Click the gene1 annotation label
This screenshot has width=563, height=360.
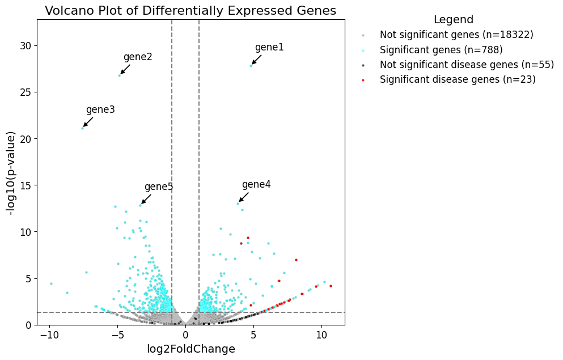click(x=269, y=48)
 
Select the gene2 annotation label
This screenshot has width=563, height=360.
click(x=138, y=57)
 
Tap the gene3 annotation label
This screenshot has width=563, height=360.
click(x=100, y=110)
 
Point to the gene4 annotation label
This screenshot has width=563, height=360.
click(x=256, y=185)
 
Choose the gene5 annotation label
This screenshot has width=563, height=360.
click(x=159, y=187)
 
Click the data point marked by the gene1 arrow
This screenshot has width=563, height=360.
click(x=251, y=66)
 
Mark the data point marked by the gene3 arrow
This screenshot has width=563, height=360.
click(x=82, y=128)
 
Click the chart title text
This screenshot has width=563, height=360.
click(x=191, y=11)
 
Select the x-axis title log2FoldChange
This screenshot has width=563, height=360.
click(x=191, y=349)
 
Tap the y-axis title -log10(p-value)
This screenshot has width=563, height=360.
click(x=11, y=172)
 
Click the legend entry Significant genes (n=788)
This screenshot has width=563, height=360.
click(x=441, y=50)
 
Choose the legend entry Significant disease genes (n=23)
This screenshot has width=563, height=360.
click(x=458, y=79)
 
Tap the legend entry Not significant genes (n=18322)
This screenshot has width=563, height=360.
click(x=456, y=35)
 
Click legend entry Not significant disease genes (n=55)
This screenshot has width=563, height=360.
click(x=467, y=65)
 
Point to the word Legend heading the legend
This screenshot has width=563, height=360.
click(x=454, y=20)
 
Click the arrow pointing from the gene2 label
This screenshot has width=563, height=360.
click(x=125, y=69)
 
